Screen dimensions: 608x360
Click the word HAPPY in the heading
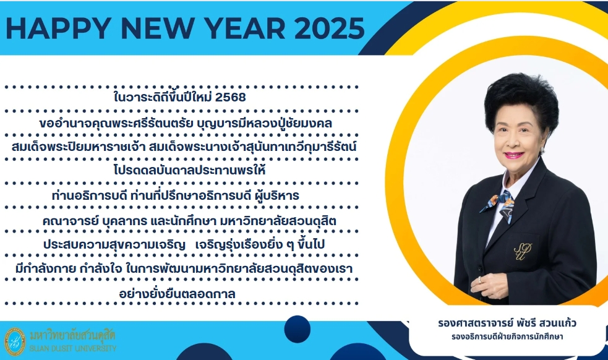(59, 28)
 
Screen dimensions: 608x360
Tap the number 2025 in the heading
(330, 28)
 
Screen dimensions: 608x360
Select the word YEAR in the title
(245, 28)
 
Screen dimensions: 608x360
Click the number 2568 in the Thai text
(230, 97)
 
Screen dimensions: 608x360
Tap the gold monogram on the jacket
(523, 251)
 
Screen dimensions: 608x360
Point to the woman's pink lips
(514, 155)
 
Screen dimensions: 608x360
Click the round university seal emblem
(15, 341)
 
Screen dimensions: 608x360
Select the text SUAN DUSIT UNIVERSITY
(73, 348)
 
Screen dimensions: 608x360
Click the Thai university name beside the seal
(72, 335)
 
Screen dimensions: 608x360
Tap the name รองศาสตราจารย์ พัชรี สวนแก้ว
(507, 323)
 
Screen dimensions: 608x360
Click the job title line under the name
(507, 336)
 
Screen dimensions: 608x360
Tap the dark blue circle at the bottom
(297, 329)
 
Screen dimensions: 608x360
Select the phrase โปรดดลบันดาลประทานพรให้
(190, 170)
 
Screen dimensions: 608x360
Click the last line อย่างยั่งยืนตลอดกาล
(177, 294)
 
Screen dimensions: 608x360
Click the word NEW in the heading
(158, 28)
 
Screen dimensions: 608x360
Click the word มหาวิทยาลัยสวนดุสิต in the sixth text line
(278, 221)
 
